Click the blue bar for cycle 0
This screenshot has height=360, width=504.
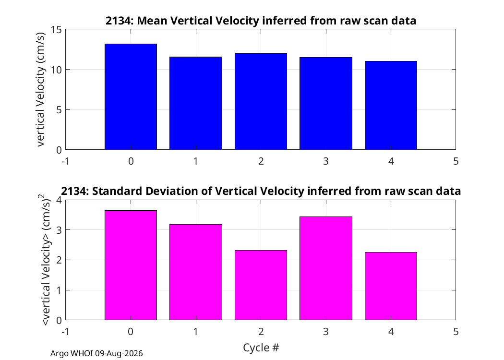[x=131, y=97]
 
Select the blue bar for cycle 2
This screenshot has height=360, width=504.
[x=261, y=102]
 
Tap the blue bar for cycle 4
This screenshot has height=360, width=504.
[x=391, y=106]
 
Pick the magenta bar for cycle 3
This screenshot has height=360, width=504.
[x=326, y=268]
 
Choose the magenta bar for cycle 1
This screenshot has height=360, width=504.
[x=196, y=272]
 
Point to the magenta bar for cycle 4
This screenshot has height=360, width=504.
[x=391, y=286]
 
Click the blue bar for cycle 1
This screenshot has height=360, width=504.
[x=196, y=103]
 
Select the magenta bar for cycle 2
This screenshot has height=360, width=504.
[x=261, y=285]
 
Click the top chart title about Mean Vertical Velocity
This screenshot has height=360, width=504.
[x=261, y=21]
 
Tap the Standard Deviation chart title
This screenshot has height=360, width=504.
[x=261, y=191]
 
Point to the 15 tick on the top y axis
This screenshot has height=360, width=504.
[x=56, y=30]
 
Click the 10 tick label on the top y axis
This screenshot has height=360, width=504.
[x=56, y=70]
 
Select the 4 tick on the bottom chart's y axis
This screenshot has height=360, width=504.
[x=59, y=200]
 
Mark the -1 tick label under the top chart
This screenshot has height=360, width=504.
[x=66, y=161]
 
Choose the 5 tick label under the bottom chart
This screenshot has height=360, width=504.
[x=456, y=331]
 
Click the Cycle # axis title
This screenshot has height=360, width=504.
[x=261, y=348]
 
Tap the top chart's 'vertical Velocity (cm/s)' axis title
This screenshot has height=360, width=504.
[x=40, y=89]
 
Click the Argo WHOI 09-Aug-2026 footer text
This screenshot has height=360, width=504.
[x=96, y=353]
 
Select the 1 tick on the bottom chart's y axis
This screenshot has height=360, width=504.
[x=59, y=290]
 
